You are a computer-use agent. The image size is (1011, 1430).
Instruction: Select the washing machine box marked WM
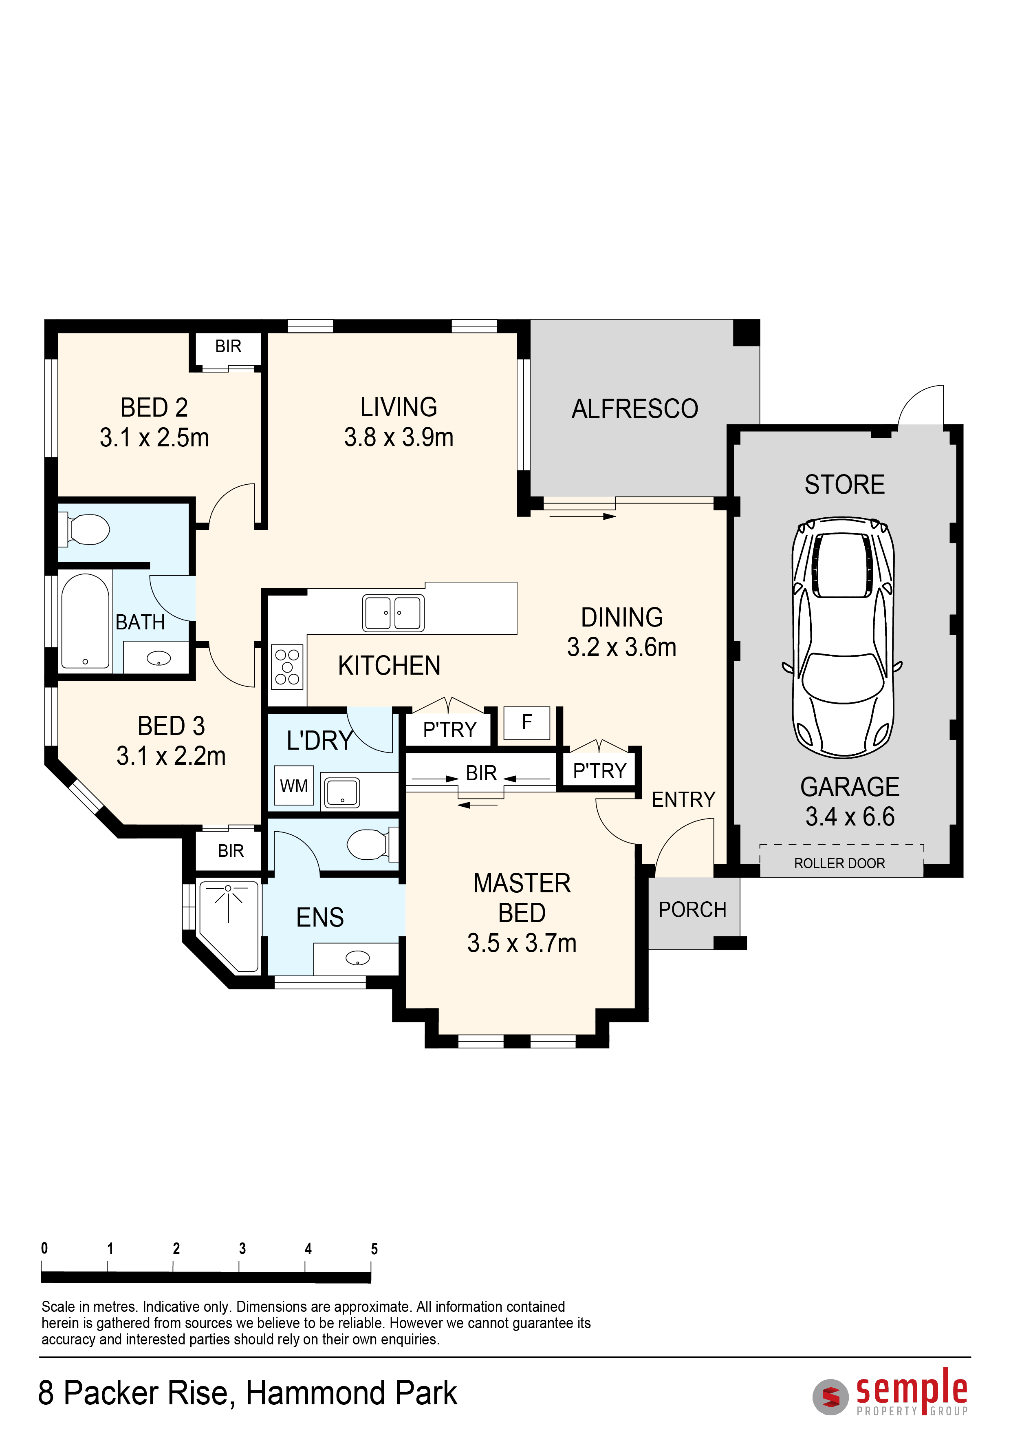[x=294, y=786]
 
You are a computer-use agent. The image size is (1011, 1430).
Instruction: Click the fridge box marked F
[x=526, y=722]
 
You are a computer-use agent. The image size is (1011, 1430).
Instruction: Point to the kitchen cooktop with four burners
[x=288, y=667]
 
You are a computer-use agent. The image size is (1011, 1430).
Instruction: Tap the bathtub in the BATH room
[x=85, y=621]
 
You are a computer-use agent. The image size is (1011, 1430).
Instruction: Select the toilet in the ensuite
[x=372, y=844]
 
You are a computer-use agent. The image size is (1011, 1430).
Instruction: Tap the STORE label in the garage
[x=844, y=485]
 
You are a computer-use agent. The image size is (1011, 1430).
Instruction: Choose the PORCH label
[x=692, y=909]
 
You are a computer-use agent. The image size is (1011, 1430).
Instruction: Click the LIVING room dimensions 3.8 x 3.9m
[x=399, y=437]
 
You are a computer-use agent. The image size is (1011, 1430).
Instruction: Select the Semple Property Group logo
[x=890, y=1392]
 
